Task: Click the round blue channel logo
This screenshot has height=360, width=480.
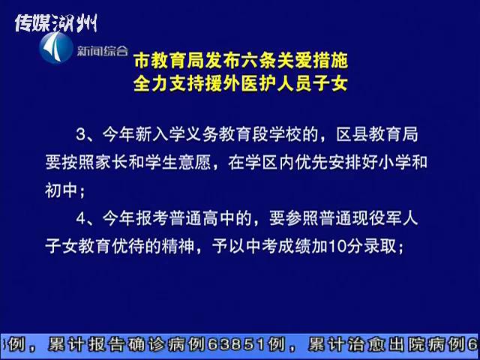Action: click(x=56, y=48)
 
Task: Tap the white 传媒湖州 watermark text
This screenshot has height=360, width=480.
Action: click(x=56, y=23)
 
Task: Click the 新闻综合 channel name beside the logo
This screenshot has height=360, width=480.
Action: click(x=102, y=50)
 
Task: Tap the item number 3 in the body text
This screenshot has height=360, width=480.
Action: click(x=80, y=135)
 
